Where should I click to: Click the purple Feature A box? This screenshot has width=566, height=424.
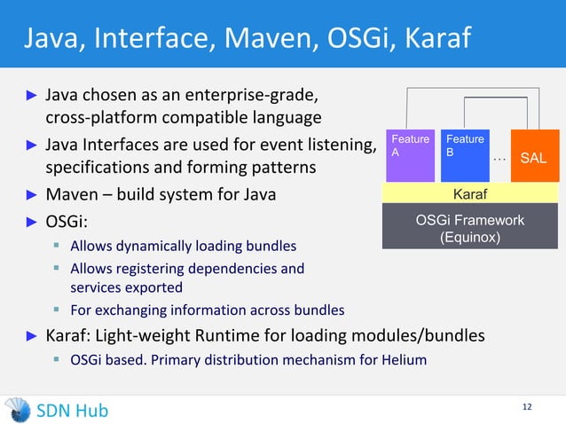(x=409, y=155)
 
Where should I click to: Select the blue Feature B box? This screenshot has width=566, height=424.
(x=464, y=155)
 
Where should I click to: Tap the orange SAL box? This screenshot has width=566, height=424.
(x=533, y=155)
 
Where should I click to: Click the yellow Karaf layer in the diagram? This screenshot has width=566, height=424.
(x=469, y=193)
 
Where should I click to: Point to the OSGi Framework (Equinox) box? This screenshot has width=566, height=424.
(x=469, y=228)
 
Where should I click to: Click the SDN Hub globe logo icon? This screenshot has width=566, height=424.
(x=17, y=409)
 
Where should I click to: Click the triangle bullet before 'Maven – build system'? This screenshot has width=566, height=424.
(x=30, y=194)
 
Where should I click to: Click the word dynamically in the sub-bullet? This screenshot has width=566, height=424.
(x=157, y=245)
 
